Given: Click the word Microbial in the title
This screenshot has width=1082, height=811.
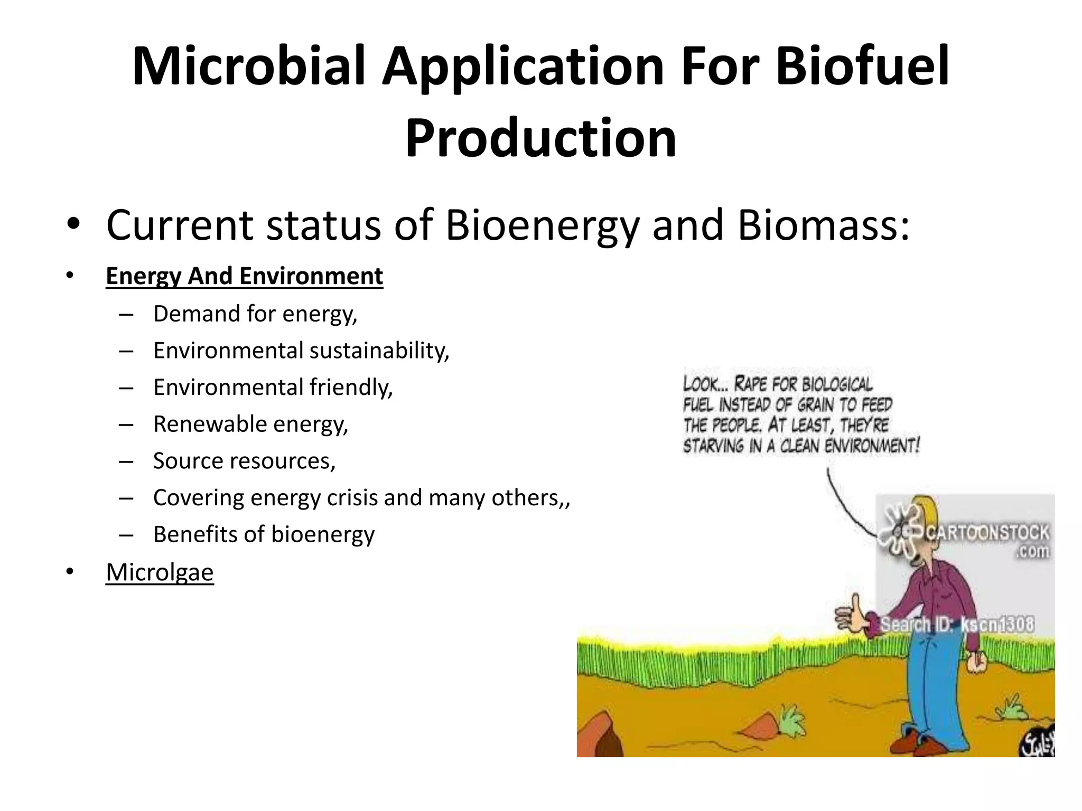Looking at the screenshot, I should [248, 66].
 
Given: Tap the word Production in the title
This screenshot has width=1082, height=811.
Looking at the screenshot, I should [540, 138].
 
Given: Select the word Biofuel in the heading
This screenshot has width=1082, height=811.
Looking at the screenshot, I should [862, 66].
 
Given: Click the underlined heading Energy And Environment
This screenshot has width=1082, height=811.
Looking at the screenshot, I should [244, 276].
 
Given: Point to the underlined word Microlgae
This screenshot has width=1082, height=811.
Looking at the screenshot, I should [160, 572].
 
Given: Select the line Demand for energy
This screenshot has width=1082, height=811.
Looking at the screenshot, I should [255, 314].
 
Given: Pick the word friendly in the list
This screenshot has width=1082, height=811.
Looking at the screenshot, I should [351, 388].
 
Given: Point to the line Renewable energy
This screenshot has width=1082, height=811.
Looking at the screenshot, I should [250, 425].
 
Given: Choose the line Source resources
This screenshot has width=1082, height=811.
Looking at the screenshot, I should [244, 461].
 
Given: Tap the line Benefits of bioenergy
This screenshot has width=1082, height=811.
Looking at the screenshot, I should [264, 535].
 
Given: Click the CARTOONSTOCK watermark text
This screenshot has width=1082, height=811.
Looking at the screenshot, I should [987, 532].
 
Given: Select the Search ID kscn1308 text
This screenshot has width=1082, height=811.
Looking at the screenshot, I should [957, 625].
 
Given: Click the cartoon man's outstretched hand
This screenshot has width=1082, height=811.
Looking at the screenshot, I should [850, 616].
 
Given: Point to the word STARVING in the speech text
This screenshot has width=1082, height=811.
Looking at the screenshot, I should [713, 446].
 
